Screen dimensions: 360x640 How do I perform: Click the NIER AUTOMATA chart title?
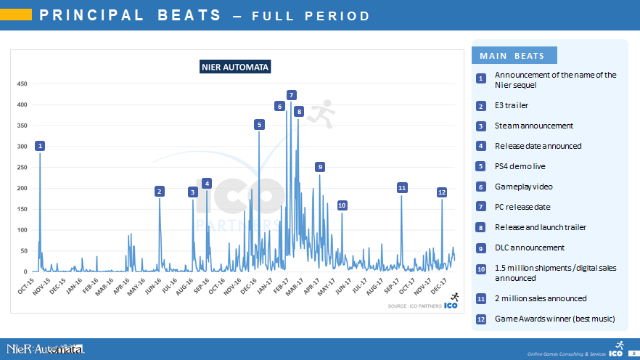click(235, 67)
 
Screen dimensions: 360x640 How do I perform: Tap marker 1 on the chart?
click(40, 146)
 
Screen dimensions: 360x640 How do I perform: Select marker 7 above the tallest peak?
click(291, 95)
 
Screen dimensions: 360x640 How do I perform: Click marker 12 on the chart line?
click(441, 192)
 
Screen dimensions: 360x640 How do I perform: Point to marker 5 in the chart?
click(259, 125)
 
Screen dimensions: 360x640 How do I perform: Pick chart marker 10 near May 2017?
click(342, 205)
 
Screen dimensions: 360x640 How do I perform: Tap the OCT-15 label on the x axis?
click(26, 285)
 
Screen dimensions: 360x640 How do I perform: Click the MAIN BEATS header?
click(512, 56)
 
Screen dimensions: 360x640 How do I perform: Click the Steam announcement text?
click(533, 126)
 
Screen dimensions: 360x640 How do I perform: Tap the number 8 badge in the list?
click(480, 228)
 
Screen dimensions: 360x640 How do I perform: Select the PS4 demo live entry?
click(523, 166)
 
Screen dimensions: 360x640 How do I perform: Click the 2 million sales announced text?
click(540, 298)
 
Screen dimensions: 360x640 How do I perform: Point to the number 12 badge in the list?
click(480, 319)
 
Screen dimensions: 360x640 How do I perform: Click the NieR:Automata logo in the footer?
click(45, 349)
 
